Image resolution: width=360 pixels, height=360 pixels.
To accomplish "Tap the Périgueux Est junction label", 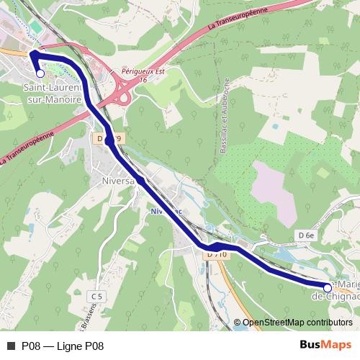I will [143, 73].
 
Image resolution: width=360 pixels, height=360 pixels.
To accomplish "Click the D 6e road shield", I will [307, 235].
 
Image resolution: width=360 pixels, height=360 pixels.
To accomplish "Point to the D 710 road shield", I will [217, 254].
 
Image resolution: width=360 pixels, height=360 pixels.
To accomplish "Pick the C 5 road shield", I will [97, 296].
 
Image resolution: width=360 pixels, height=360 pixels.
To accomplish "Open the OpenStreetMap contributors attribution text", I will [297, 323].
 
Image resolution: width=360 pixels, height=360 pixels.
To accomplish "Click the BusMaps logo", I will [326, 345].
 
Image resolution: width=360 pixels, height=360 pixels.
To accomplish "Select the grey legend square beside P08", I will [10, 346].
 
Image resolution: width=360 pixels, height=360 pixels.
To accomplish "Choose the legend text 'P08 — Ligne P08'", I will [63, 346].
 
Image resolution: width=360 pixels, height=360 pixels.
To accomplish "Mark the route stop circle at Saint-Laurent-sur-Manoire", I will [40, 73].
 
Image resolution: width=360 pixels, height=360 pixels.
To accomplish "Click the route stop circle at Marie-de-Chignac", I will [328, 287].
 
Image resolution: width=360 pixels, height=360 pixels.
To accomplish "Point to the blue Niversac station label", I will [166, 211].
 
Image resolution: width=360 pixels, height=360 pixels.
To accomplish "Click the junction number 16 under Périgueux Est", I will [143, 81].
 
